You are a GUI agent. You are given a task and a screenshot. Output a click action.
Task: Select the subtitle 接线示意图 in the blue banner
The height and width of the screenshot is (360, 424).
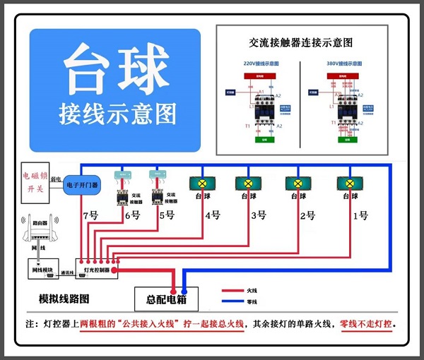[117, 113]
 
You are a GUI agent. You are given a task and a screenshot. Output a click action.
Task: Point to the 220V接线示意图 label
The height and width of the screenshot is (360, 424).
[261, 64]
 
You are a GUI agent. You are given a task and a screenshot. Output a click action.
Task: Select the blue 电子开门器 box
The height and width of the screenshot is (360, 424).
[81, 185]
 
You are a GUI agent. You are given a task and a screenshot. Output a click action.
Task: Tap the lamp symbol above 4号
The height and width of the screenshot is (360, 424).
[202, 183]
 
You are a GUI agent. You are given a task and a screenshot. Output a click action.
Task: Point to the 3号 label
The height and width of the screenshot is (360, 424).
[258, 215]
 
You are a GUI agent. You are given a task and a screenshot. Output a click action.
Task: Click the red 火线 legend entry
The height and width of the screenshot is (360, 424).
[240, 290]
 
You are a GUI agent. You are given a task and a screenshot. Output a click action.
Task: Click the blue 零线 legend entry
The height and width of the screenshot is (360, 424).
[240, 301]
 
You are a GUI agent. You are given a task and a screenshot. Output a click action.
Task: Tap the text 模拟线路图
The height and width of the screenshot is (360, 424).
[63, 298]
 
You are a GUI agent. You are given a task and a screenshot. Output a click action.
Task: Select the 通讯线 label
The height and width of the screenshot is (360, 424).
[68, 272]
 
